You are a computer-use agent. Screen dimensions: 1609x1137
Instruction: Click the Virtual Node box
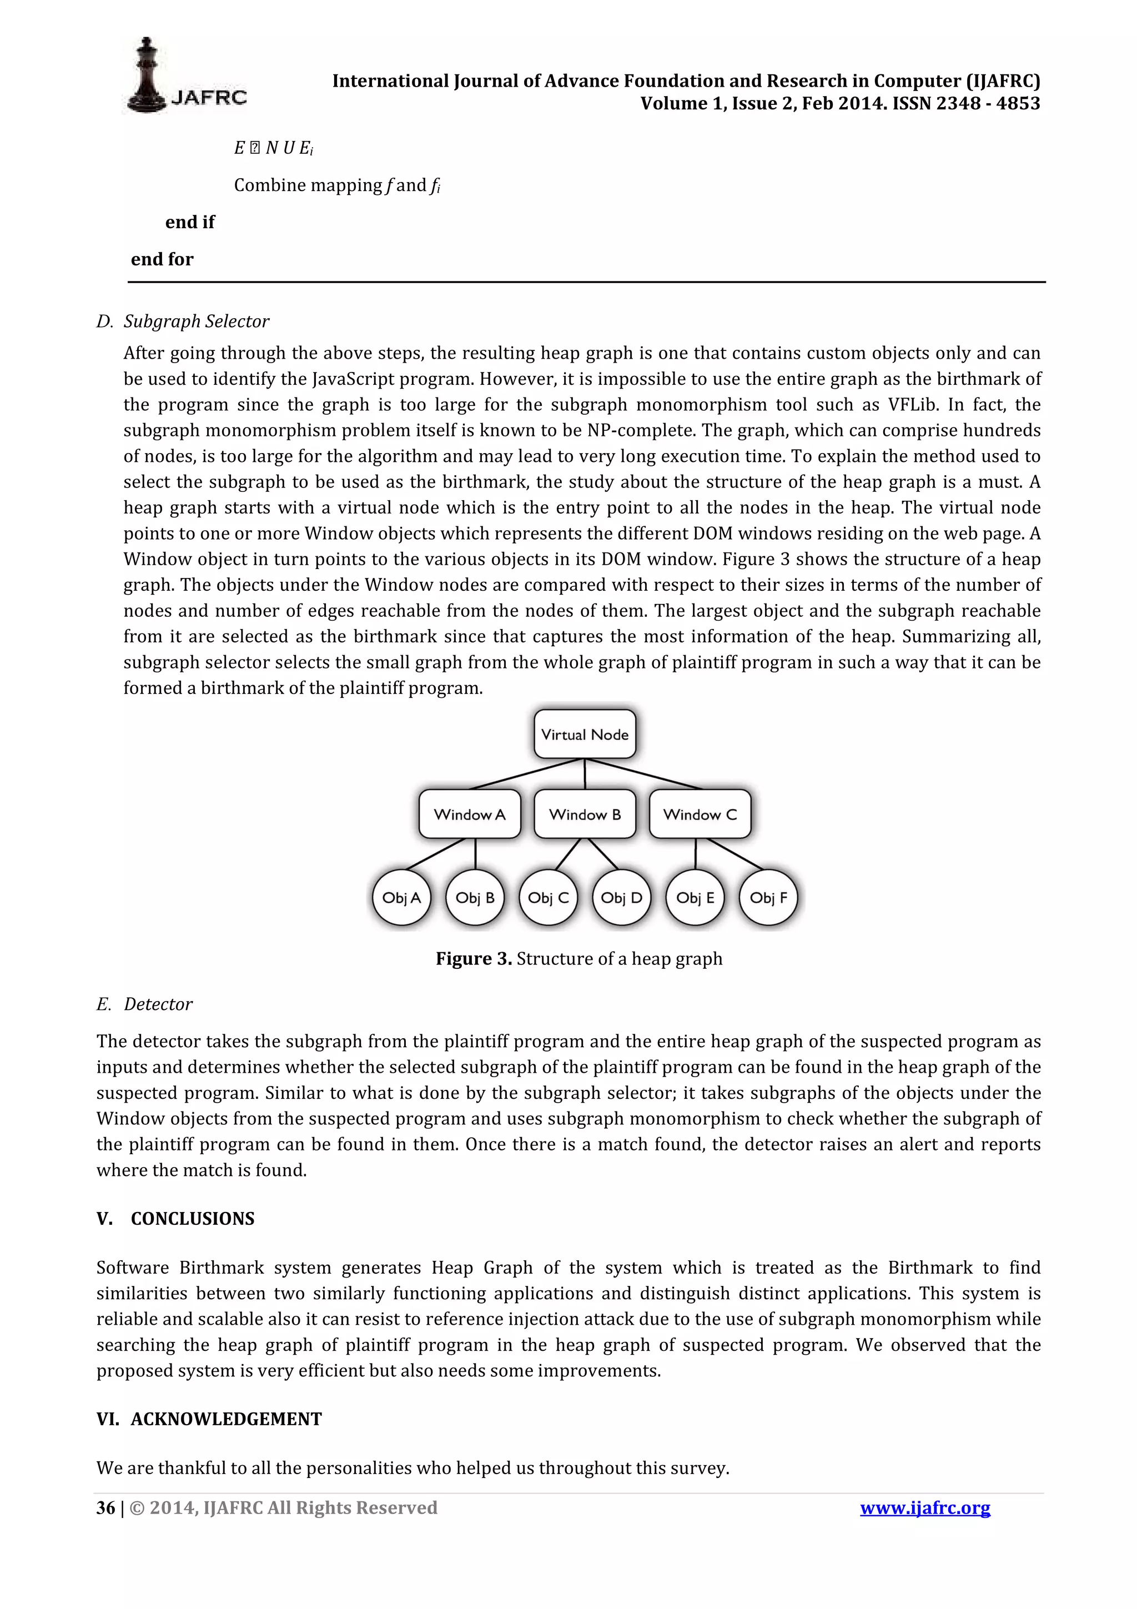pos(584,734)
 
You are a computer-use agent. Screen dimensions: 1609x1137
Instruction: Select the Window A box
pos(469,813)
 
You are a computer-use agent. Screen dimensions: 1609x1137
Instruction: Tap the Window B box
pos(584,813)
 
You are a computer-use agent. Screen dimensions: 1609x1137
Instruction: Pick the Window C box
pos(699,813)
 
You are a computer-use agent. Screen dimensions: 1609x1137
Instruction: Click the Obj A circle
pos(401,897)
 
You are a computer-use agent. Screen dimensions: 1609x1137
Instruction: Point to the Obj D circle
pos(621,897)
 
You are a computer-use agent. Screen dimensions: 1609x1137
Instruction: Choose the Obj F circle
pos(768,897)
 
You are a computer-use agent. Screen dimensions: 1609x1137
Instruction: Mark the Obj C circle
pos(548,897)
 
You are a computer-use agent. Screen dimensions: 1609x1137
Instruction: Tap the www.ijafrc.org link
pos(925,1507)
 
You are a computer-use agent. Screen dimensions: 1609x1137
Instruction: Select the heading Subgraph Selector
pos(196,321)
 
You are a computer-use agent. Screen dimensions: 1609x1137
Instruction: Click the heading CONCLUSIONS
pos(193,1218)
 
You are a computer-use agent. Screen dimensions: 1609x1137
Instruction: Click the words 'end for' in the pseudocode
pos(162,259)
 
